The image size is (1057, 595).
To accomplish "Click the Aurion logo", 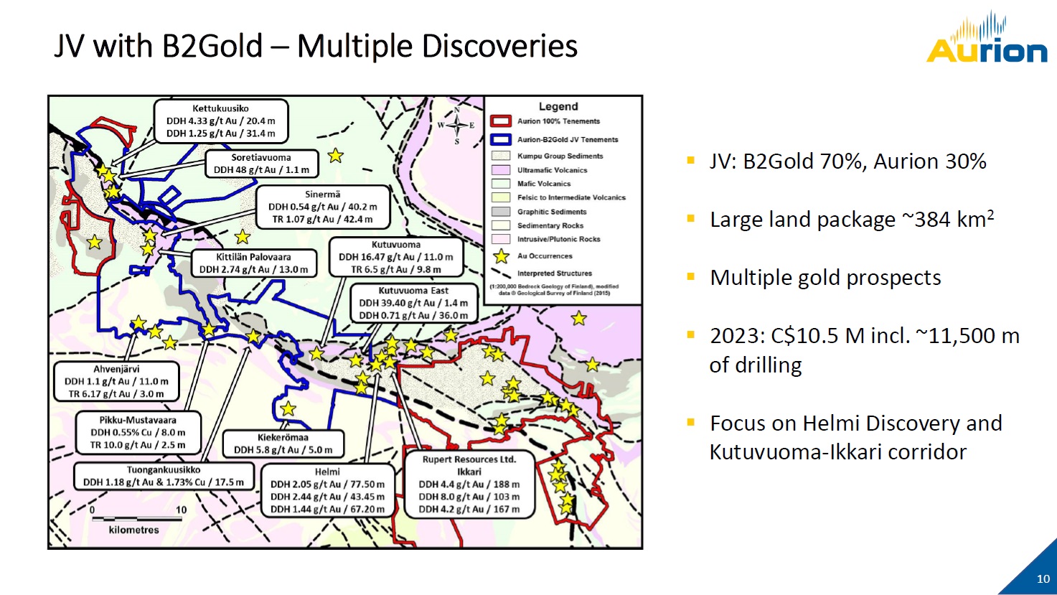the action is click(987, 38).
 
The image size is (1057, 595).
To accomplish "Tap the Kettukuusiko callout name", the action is click(220, 108).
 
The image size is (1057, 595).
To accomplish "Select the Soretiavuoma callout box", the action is click(261, 164).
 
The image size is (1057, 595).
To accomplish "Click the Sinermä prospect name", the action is click(322, 194).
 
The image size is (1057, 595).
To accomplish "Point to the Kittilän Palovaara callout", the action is click(253, 263).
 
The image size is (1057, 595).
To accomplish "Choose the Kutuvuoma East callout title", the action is click(413, 291).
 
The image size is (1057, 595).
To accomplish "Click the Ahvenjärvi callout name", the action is click(116, 369).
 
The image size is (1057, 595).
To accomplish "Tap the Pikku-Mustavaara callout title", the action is click(138, 420).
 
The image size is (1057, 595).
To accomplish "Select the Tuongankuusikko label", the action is click(164, 470).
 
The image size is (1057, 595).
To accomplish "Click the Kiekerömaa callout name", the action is click(283, 437).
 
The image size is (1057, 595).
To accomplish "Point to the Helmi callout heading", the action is click(327, 472).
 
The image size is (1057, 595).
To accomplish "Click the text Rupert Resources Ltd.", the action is click(469, 459).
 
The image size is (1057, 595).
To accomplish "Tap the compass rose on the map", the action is click(456, 126).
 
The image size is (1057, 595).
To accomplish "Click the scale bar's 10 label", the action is click(182, 510).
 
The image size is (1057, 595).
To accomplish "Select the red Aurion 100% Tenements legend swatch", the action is click(501, 121).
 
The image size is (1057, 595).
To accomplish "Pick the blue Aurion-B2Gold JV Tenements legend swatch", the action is click(501, 140).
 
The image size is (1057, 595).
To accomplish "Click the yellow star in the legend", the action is click(501, 256).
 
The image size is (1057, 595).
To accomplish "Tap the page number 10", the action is click(1043, 579).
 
